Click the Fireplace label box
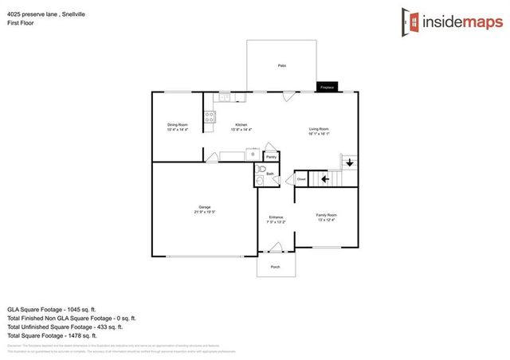(326, 87)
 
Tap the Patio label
(282, 65)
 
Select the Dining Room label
(177, 125)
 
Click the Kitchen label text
(241, 125)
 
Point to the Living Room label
(319, 129)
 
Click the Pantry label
(271, 158)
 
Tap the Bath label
(270, 174)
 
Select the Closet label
(301, 180)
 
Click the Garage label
(205, 208)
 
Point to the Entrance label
(276, 217)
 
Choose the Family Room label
(327, 215)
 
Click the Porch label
(276, 267)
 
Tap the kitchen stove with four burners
(209, 120)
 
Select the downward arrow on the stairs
(348, 163)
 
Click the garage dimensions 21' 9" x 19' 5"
(205, 213)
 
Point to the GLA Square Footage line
(51, 308)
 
